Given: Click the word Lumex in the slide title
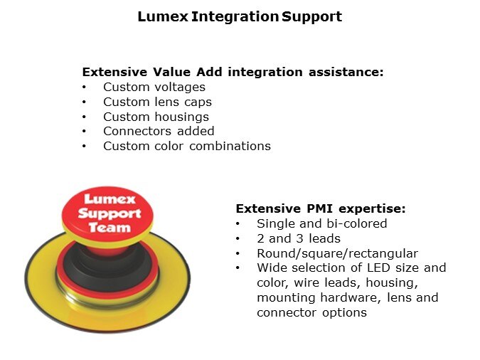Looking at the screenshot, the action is pos(163,16).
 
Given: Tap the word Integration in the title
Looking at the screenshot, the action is pos(235,16).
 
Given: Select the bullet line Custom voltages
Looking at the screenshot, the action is pos(154,88).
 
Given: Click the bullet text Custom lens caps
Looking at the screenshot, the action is pos(157,102).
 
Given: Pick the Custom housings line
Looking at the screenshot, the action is pos(156,117).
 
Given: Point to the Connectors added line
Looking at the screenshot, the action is pos(159,131).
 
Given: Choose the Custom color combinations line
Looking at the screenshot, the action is pos(187,146).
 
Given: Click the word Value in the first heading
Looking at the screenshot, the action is pos(171,72).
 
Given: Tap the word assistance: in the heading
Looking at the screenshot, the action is pos(346,72).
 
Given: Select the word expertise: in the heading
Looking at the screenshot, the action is pos(372,209).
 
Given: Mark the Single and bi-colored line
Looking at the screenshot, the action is pos(322,223).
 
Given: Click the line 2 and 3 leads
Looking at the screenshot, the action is pos(299,238).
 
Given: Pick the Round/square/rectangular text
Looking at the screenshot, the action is pos(337,254).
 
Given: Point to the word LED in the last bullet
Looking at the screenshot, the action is pos(378,268).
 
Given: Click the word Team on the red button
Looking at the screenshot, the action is pos(110,228).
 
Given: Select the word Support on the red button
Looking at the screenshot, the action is pos(110,213).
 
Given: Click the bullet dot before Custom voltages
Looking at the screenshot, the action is pos(84,88).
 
